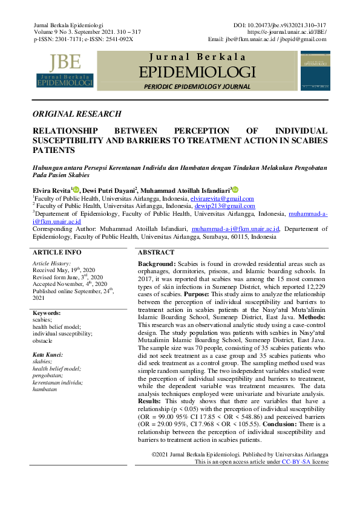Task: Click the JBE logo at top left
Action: tap(65, 71)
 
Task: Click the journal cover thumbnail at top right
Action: tap(315, 71)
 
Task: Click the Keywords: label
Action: tap(47, 313)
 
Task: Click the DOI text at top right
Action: tap(280, 24)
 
